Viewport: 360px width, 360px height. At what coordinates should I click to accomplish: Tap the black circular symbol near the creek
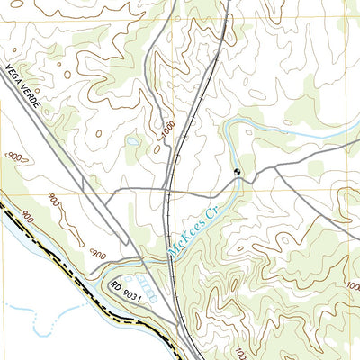click(237, 172)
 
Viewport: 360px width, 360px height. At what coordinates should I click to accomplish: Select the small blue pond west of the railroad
click(133, 141)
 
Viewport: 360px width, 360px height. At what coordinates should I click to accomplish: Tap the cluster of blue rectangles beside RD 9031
click(148, 295)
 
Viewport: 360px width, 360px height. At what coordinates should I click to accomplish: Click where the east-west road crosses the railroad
click(169, 191)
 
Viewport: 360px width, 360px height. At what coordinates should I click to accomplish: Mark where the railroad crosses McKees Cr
click(171, 256)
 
